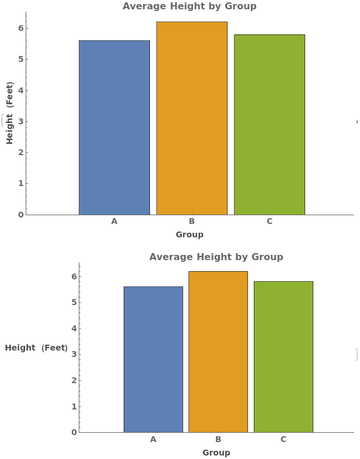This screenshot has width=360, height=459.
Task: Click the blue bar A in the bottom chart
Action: (x=153, y=359)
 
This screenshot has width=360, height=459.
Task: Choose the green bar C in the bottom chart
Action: (x=283, y=356)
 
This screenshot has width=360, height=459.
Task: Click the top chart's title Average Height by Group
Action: (x=189, y=6)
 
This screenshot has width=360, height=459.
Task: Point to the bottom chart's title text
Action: (x=216, y=257)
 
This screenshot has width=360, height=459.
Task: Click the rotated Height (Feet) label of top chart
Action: (x=10, y=113)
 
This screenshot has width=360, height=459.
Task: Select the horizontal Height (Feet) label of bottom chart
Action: (x=36, y=348)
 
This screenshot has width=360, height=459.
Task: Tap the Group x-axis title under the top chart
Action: (x=190, y=234)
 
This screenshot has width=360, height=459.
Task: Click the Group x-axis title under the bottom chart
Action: (x=216, y=453)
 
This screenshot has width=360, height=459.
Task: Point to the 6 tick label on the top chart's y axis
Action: (x=20, y=28)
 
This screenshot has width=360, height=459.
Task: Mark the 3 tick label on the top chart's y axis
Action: (x=20, y=121)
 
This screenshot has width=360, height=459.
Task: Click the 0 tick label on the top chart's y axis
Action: (x=20, y=215)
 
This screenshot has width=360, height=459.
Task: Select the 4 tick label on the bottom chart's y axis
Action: (x=74, y=328)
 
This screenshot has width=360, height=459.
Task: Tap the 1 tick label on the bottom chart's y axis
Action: (x=74, y=407)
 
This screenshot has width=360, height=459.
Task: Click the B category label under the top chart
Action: (x=191, y=222)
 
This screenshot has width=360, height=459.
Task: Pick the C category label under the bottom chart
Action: (x=283, y=439)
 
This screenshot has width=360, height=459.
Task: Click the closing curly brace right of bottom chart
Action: (x=356, y=354)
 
